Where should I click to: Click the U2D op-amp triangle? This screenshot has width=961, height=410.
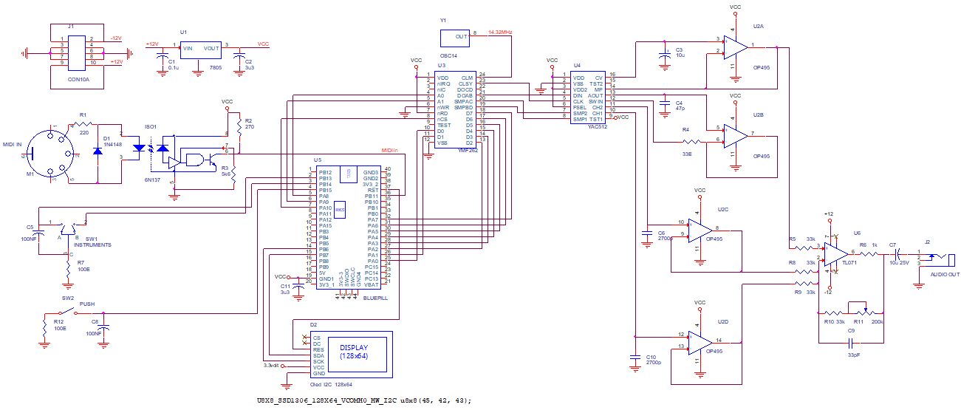coord(700,341)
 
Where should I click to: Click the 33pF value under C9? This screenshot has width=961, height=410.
coord(853,355)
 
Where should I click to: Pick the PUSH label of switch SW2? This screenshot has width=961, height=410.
coord(87,304)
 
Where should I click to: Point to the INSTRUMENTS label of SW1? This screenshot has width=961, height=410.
coord(98,244)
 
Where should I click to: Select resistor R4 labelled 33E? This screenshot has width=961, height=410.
coord(690,140)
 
